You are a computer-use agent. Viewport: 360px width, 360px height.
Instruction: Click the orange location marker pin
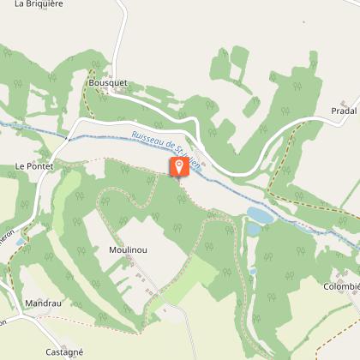pos(178,166)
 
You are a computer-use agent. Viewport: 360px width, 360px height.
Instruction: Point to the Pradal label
pos(343,112)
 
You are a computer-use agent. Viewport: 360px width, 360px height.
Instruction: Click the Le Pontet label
pos(33,165)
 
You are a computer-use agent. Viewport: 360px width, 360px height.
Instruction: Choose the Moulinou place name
pos(127,249)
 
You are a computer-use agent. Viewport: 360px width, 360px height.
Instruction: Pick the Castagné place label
pos(63,351)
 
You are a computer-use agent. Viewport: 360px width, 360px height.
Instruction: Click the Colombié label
pos(341,286)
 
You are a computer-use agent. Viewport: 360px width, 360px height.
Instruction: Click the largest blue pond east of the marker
pos(260,214)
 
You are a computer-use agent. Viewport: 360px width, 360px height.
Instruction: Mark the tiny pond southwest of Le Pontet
pos(19,243)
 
